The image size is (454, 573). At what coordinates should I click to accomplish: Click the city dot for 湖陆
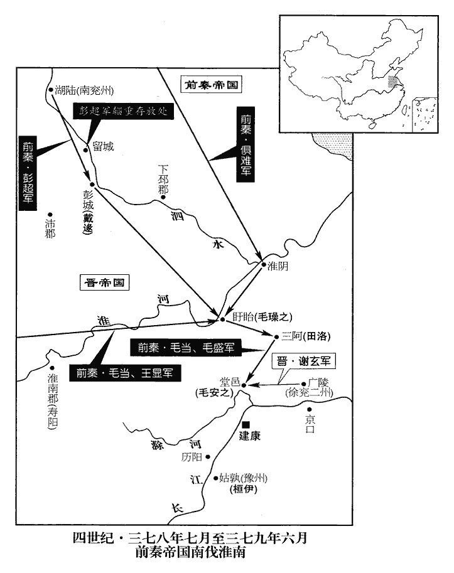point(50,90)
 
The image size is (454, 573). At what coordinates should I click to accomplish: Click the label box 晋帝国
point(105,283)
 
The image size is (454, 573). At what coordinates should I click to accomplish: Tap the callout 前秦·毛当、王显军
point(125,372)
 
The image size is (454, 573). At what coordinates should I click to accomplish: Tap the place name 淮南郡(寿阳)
point(51,402)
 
